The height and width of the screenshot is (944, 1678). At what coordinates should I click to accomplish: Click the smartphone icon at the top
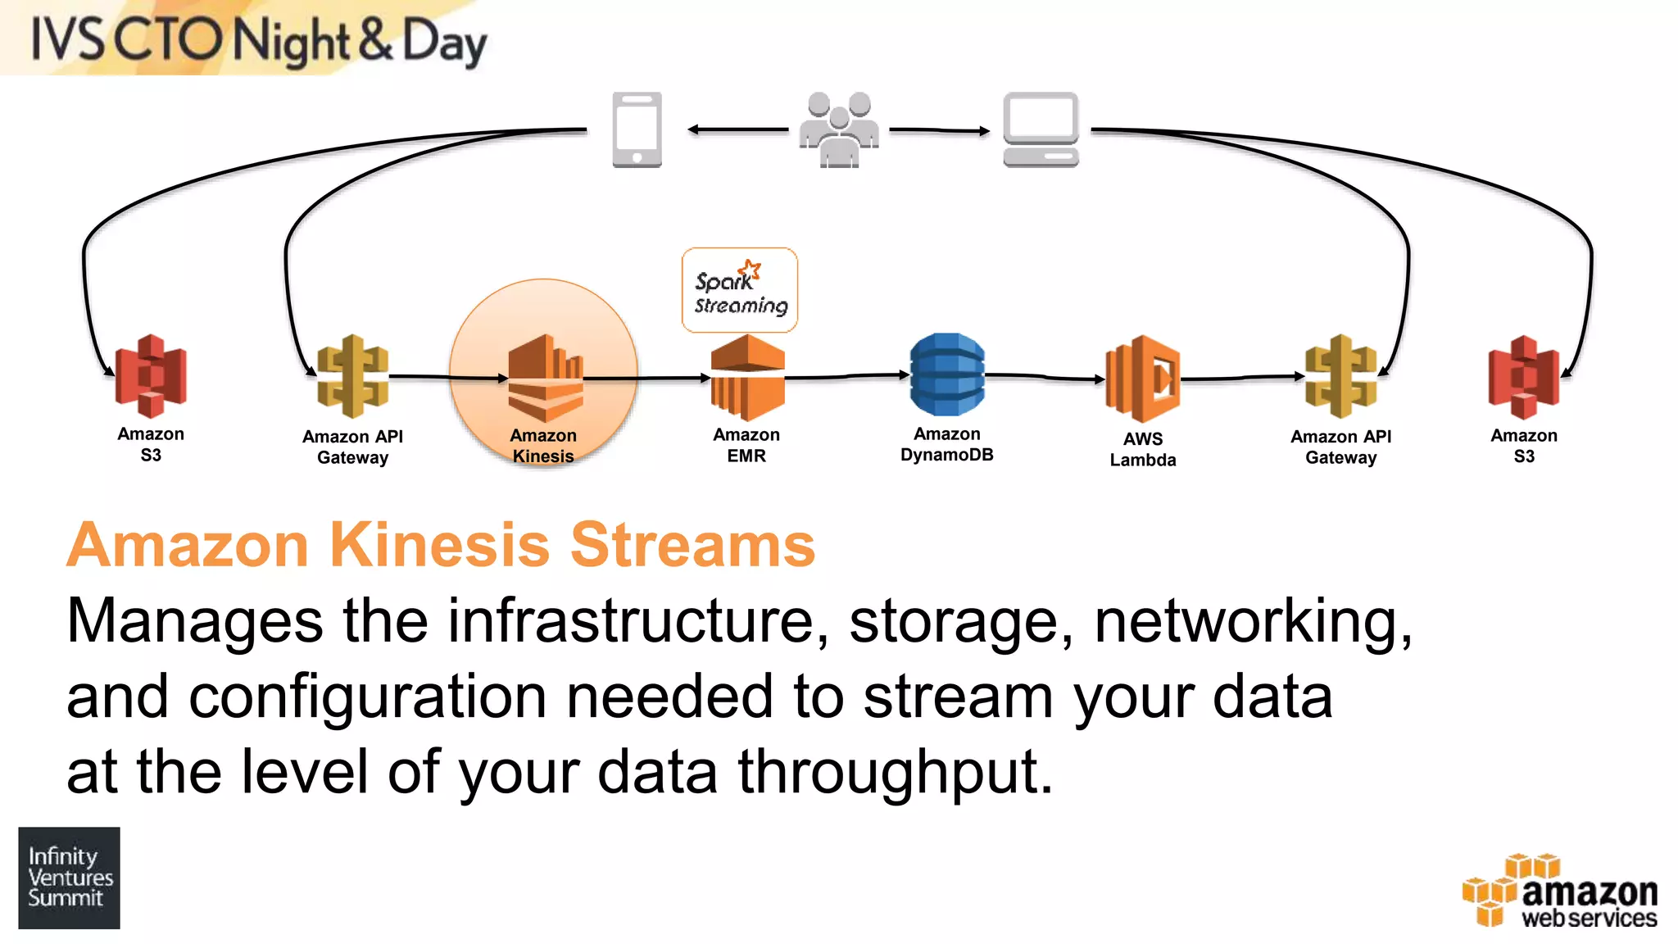coord(637,129)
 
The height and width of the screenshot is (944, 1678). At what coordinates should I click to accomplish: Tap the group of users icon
coord(838,130)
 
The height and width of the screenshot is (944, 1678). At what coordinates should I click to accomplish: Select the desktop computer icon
coord(1041,129)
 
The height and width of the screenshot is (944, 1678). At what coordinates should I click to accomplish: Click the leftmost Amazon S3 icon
coord(151,376)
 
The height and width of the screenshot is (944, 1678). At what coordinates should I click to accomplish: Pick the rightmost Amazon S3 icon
coord(1523,377)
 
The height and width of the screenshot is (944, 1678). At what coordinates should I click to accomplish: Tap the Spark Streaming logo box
coord(739,290)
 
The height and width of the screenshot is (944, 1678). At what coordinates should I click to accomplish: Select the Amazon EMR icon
coord(746,377)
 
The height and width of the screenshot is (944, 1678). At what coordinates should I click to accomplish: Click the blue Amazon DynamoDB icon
coord(946,374)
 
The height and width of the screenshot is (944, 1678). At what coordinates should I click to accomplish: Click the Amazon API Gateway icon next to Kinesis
coord(352,376)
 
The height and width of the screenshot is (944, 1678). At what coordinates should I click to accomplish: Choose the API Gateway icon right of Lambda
coord(1340,376)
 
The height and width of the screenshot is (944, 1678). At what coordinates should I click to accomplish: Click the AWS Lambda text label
coord(1142,449)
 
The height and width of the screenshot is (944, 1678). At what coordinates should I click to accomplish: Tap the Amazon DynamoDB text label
coord(946,444)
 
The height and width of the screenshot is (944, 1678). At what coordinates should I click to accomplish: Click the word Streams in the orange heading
coord(692,544)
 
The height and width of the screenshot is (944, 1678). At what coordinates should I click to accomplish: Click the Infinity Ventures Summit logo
coord(70,878)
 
